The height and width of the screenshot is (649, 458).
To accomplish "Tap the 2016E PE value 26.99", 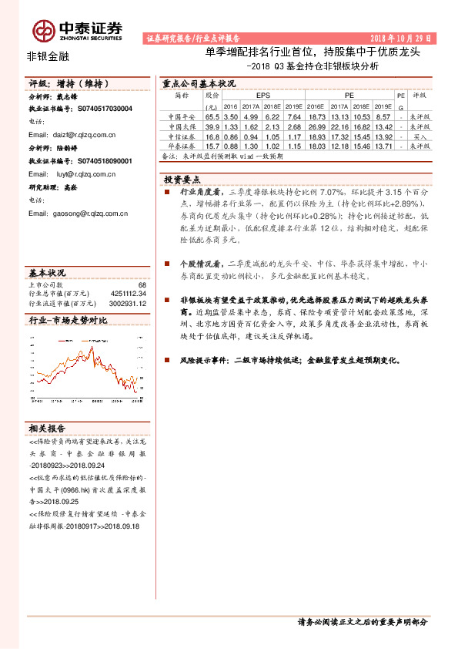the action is pyautogui.click(x=317, y=126).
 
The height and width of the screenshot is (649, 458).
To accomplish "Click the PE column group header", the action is pyautogui.click(x=349, y=95).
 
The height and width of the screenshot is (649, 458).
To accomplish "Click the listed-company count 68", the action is pyautogui.click(x=142, y=285).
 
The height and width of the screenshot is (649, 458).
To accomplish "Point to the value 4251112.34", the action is pyautogui.click(x=128, y=293).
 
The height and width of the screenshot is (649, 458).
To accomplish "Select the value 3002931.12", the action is pyautogui.click(x=128, y=301).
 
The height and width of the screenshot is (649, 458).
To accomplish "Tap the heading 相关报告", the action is pyautogui.click(x=47, y=428).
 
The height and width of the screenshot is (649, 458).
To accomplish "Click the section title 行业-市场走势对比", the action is pyautogui.click(x=67, y=318).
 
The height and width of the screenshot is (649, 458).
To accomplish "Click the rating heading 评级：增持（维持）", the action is pyautogui.click(x=65, y=83).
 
